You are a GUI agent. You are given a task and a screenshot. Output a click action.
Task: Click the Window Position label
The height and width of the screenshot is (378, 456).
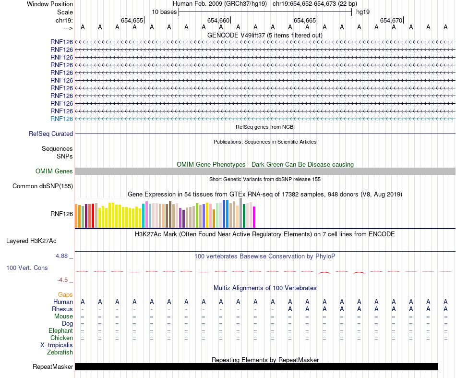pyautogui.click(x=50, y=4)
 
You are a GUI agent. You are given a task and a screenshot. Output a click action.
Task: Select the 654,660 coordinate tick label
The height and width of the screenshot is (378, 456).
pyautogui.click(x=218, y=20)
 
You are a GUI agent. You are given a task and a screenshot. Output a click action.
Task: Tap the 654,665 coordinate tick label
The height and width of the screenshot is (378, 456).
pyautogui.click(x=305, y=20)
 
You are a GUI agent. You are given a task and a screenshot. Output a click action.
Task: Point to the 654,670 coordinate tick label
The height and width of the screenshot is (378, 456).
pyautogui.click(x=391, y=20)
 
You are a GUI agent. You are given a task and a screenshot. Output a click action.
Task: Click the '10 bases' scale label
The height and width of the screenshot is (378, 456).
pyautogui.click(x=164, y=12)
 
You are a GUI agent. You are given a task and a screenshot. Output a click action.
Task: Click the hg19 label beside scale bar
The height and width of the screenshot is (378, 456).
pyautogui.click(x=363, y=12)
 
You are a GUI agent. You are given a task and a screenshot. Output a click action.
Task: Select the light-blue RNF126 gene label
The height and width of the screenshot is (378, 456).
pyautogui.click(x=61, y=119)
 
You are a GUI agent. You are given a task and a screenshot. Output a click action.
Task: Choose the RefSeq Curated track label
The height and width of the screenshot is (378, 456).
pyautogui.click(x=51, y=134)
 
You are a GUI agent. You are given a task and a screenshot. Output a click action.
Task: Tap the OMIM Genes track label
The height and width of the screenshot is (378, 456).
pyautogui.click(x=54, y=171)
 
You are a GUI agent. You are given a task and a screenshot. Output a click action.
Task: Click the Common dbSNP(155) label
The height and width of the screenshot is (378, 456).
pyautogui.click(x=43, y=186)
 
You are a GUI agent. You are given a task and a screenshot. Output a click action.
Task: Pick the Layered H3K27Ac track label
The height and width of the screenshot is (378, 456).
pyautogui.click(x=39, y=241)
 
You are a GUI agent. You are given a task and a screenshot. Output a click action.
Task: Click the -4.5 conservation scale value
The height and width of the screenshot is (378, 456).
pyautogui.click(x=64, y=280)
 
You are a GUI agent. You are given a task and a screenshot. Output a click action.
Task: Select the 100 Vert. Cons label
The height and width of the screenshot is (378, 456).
pyautogui.click(x=27, y=268)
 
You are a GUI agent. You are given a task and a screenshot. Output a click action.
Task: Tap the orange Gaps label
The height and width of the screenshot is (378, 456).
pyautogui.click(x=65, y=294)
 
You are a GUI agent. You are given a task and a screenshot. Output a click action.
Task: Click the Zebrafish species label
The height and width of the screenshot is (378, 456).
pyautogui.click(x=60, y=353)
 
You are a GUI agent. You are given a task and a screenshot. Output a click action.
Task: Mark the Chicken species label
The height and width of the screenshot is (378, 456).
pyautogui.click(x=61, y=338)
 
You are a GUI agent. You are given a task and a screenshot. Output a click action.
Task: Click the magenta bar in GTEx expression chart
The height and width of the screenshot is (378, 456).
pyautogui.click(x=254, y=217)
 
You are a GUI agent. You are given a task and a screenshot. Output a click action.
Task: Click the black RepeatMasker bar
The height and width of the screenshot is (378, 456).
pyautogui.click(x=256, y=367)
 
